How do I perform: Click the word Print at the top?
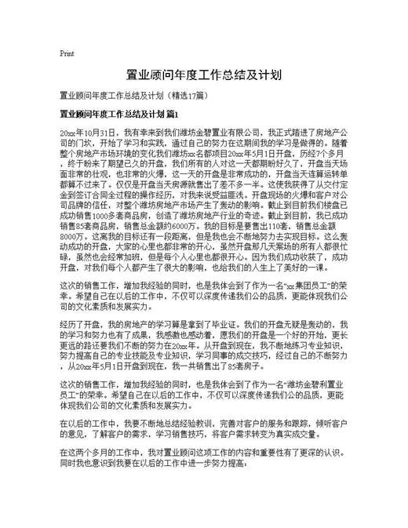[x=67, y=54]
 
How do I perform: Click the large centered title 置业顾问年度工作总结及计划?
[x=204, y=76]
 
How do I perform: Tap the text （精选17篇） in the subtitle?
[x=187, y=96]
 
